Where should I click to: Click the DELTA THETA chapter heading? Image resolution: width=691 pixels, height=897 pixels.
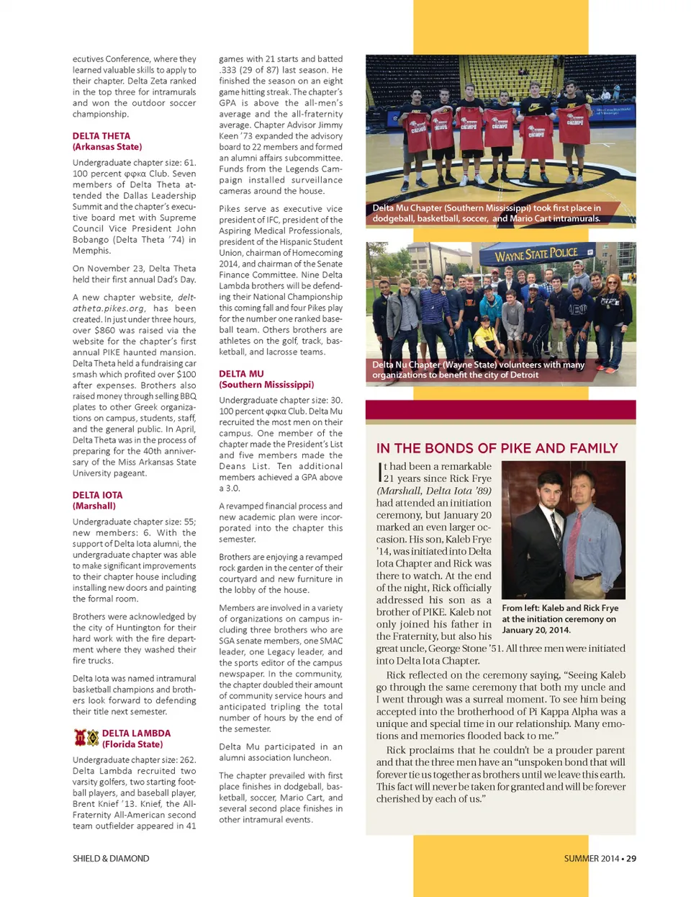(101, 135)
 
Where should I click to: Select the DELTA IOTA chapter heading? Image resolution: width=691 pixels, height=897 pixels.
(97, 495)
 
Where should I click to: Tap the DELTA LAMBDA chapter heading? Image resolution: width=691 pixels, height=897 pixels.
(136, 733)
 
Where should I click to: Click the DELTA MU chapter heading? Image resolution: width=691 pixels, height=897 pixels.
(241, 373)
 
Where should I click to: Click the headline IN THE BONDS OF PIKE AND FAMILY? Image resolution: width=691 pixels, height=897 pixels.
(497, 448)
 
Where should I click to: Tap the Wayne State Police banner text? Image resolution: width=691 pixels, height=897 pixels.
(536, 254)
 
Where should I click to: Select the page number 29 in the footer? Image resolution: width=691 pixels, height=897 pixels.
(631, 858)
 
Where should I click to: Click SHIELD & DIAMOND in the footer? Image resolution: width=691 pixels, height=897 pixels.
(111, 858)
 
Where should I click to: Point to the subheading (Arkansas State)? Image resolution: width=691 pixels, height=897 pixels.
(107, 146)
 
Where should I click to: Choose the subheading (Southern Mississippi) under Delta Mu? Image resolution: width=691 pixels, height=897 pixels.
(266, 384)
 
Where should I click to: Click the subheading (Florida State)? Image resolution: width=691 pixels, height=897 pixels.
(132, 744)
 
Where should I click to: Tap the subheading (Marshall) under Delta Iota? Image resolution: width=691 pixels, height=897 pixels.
(94, 506)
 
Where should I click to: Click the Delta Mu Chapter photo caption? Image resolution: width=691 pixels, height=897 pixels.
(486, 213)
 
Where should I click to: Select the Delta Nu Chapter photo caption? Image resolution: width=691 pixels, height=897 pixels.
(478, 370)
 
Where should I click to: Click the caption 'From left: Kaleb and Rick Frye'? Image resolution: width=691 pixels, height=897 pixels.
(560, 608)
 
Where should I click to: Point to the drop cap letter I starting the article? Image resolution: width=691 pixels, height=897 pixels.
(380, 473)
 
